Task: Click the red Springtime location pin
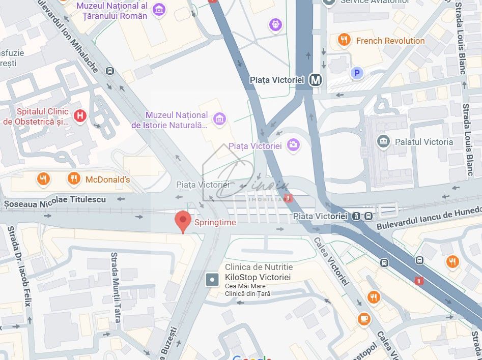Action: pyautogui.click(x=183, y=221)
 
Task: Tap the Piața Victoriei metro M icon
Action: pyautogui.click(x=316, y=80)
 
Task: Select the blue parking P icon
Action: pyautogui.click(x=357, y=73)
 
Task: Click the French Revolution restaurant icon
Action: pyautogui.click(x=345, y=40)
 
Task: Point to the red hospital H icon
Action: pyautogui.click(x=80, y=116)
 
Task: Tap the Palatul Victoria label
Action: pyautogui.click(x=423, y=142)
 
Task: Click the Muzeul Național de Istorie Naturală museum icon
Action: pyautogui.click(x=219, y=119)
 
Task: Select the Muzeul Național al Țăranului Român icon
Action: pyautogui.click(x=159, y=10)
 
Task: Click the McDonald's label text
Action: pyautogui.click(x=107, y=179)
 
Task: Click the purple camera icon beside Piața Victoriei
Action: pyautogui.click(x=293, y=145)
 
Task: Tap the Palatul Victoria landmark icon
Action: pyautogui.click(x=384, y=141)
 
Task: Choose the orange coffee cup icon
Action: pyautogui.click(x=363, y=318)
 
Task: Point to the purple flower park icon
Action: pyautogui.click(x=276, y=24)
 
